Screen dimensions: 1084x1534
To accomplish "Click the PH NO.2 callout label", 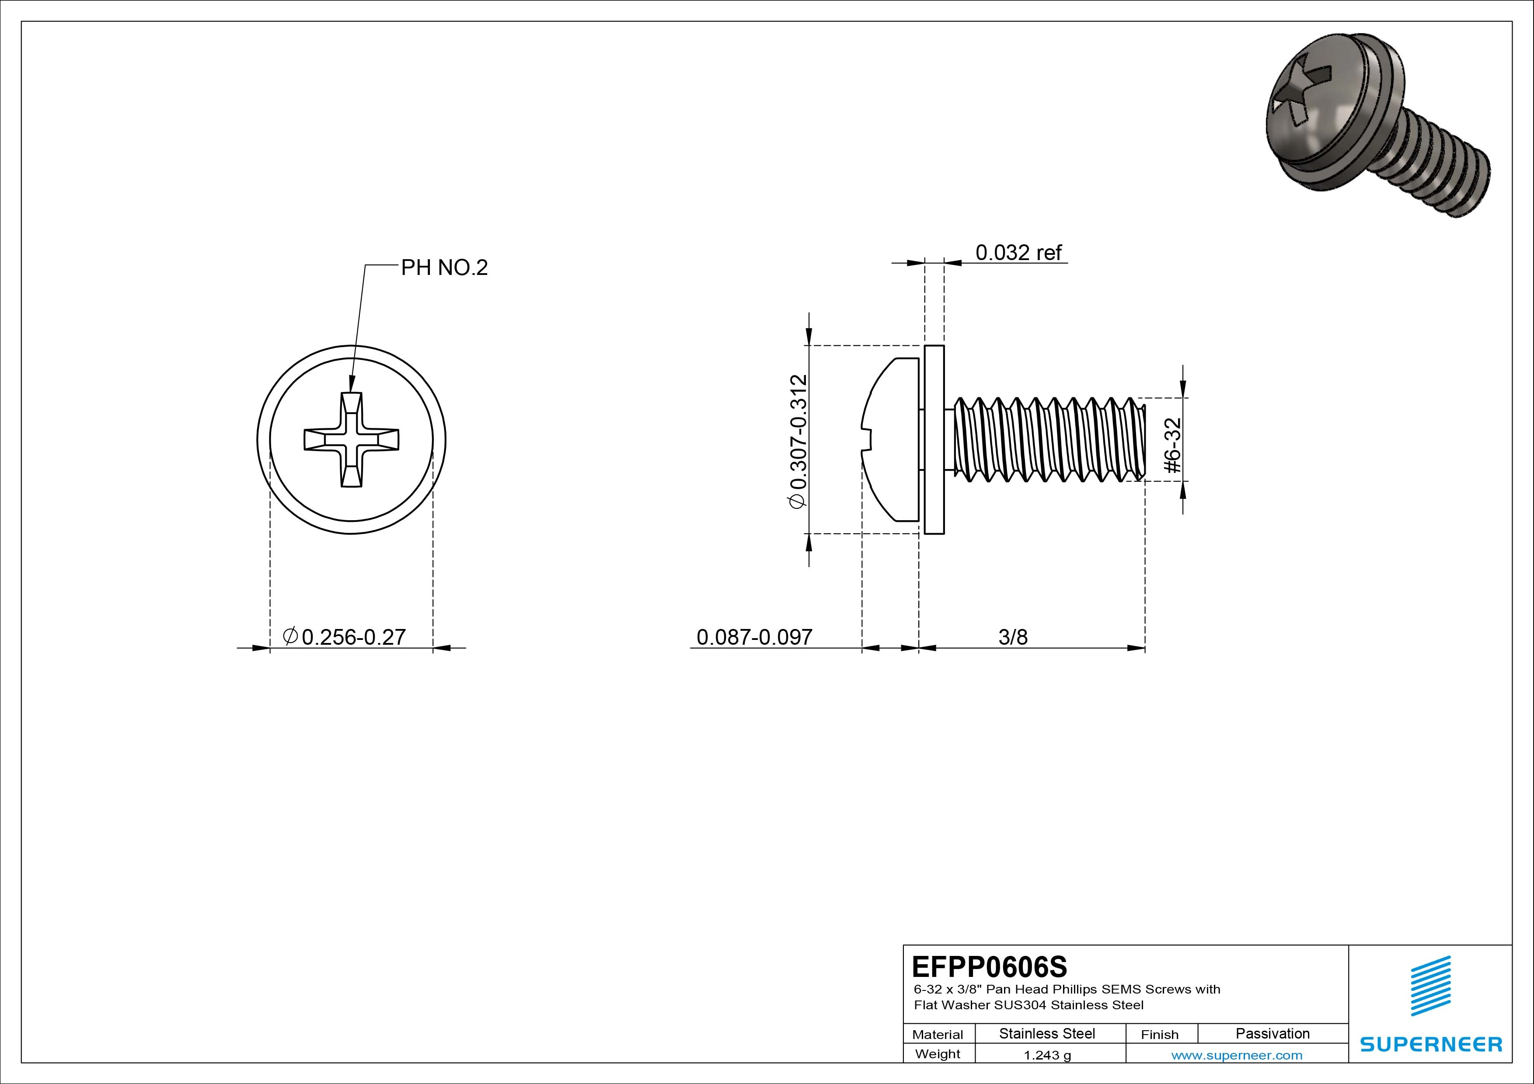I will (x=444, y=268).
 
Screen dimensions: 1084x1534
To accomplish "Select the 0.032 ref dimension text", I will (x=1018, y=253).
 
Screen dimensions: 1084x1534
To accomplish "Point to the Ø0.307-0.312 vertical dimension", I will (x=798, y=442).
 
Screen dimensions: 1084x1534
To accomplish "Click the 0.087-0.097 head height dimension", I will (x=754, y=637).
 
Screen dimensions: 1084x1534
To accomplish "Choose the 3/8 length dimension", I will (x=1013, y=637).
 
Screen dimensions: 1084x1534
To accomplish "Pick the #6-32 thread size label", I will (x=1172, y=445).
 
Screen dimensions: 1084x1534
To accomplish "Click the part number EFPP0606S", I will (x=990, y=966).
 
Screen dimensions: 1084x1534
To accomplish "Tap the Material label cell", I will (x=938, y=1035).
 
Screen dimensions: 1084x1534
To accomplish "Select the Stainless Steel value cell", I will (x=1047, y=1034).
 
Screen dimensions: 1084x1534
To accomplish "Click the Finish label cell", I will (x=1159, y=1035).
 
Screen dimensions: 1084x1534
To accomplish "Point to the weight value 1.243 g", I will (x=1047, y=1055).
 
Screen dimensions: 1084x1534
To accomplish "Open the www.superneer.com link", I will (x=1237, y=1055).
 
